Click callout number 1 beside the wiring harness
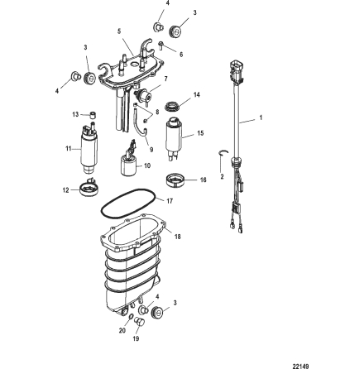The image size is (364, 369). click(x=262, y=117)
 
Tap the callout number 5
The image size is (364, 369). click(x=120, y=32)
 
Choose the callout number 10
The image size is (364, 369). click(x=147, y=165)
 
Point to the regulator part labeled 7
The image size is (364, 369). click(x=151, y=93)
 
